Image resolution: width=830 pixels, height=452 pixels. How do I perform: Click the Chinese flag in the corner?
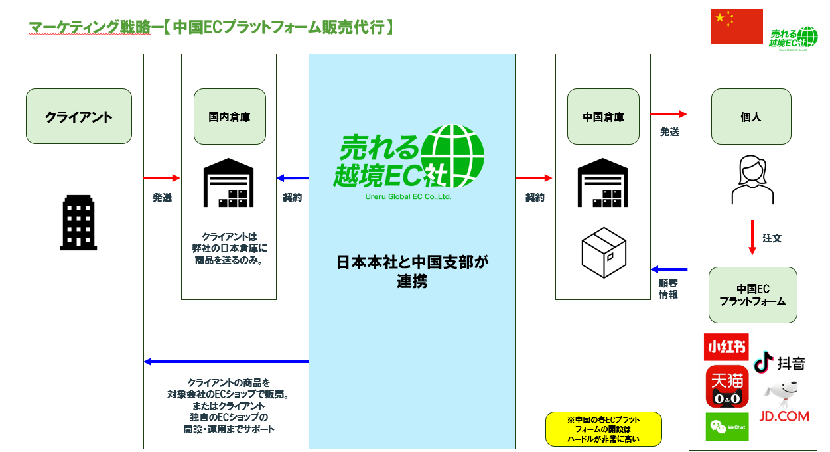tap(736, 27)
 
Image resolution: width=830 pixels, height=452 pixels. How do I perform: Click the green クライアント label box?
tap(79, 117)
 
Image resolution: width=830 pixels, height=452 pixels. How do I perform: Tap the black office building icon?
tap(79, 222)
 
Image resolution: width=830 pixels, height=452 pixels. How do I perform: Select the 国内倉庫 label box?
tap(229, 117)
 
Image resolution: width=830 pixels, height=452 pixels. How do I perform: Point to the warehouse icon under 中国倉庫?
tap(603, 183)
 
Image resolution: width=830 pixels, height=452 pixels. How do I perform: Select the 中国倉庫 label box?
tap(603, 117)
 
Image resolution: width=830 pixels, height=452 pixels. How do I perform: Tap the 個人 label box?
tap(751, 117)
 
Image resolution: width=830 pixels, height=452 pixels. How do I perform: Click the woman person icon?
tap(752, 180)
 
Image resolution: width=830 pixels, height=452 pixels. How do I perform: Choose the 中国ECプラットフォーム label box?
tap(753, 295)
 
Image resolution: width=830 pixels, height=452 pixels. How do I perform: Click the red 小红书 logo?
tap(726, 347)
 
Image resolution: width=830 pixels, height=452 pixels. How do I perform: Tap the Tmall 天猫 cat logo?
tap(727, 386)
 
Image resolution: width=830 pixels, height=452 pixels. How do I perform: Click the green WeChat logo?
tap(726, 426)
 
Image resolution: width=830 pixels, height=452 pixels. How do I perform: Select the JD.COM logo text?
tap(784, 416)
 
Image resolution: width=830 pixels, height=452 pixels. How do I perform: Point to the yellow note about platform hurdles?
tap(603, 429)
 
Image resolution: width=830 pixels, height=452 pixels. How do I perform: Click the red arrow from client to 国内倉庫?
tap(162, 178)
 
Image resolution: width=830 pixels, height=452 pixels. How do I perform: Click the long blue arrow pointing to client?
tap(226, 362)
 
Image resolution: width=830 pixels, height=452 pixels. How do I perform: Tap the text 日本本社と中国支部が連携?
tap(411, 271)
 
